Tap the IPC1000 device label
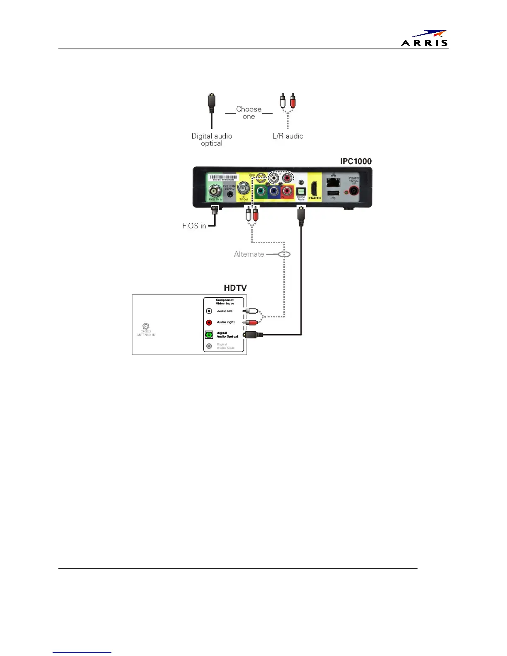tap(356, 161)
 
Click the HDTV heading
tap(235, 288)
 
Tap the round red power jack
tap(354, 191)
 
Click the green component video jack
tap(261, 192)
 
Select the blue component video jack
tap(274, 192)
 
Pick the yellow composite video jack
tap(261, 178)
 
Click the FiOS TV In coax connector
tap(215, 191)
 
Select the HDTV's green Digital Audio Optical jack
tap(209, 335)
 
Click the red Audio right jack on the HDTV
tap(209, 323)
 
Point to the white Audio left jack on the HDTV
tap(209, 311)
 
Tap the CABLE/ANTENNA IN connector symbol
tap(146, 326)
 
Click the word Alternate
tap(249, 254)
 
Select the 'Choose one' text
tap(249, 113)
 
